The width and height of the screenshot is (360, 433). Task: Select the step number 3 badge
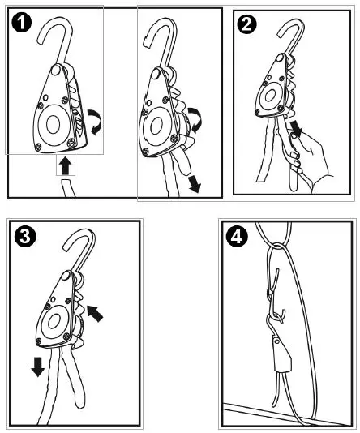click(x=26, y=238)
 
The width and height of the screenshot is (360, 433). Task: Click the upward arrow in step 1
click(x=64, y=167)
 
